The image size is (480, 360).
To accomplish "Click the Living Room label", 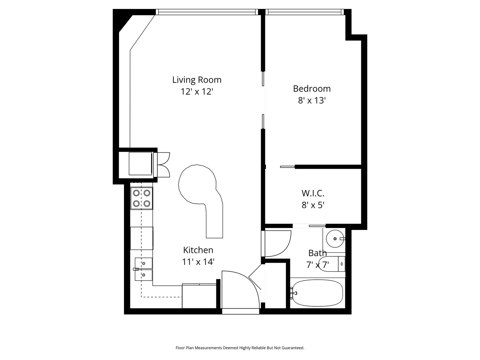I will click(197, 80).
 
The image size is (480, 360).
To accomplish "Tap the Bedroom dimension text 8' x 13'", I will click(312, 100).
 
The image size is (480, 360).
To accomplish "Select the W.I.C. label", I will click(313, 193).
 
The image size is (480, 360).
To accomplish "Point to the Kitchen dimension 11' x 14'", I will click(198, 262).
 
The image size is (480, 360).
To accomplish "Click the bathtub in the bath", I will click(317, 293).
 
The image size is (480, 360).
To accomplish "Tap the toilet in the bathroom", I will click(332, 264).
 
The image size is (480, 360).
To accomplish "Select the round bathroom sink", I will click(335, 239).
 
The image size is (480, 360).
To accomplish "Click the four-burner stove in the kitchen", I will click(142, 198).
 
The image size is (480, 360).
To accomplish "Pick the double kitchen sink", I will click(144, 269).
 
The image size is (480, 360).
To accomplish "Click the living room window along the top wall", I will click(207, 12).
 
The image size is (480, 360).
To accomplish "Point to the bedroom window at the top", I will click(305, 12).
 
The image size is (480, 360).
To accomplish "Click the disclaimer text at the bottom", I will click(240, 348).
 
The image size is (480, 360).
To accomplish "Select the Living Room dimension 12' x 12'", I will click(197, 92).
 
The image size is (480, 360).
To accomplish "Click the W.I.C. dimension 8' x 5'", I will click(313, 205).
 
